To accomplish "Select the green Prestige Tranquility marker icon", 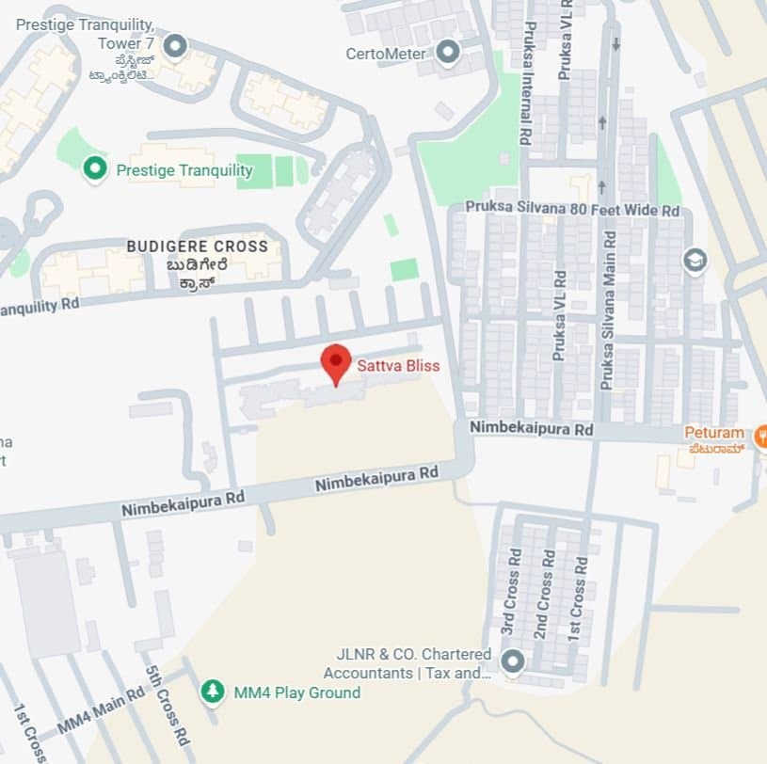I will [93, 170].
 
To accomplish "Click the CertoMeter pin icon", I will [448, 53].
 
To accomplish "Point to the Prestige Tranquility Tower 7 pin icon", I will [174, 45].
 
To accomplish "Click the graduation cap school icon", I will [695, 261].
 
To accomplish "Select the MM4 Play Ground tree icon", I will [214, 692].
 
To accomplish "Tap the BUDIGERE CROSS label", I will [198, 247].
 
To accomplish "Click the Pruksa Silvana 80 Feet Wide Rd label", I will [572, 211].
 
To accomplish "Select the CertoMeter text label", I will [386, 54].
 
